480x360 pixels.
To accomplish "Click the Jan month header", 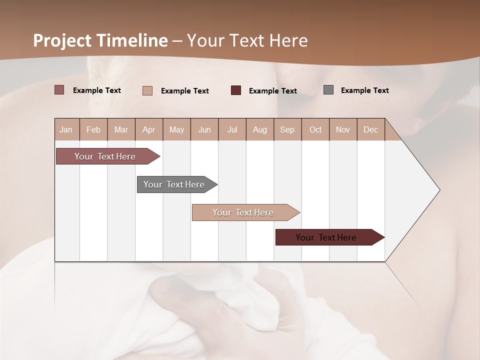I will [66, 129].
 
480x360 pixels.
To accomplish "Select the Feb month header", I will [93, 129].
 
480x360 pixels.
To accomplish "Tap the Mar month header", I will [121, 129].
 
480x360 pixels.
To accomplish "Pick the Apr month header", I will [149, 129].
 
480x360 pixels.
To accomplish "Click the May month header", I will [176, 129].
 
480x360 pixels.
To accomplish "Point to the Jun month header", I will [204, 129].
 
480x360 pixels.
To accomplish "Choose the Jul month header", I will [232, 129].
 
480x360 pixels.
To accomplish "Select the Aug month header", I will [260, 129].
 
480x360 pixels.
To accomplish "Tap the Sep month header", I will [287, 129].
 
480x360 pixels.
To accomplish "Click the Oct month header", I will [315, 129].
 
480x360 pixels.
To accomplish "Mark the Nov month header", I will [343, 129].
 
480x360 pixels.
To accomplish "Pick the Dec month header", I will [370, 129].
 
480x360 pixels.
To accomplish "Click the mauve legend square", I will [59, 90].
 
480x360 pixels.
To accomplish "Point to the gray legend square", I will [328, 90].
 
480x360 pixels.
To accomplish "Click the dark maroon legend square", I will [236, 90].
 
